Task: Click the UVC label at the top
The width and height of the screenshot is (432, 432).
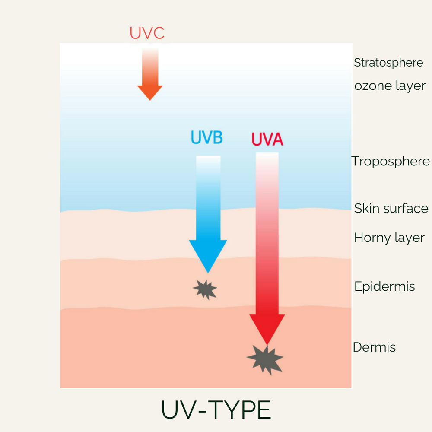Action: coord(147,33)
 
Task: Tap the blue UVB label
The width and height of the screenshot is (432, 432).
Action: coord(206,137)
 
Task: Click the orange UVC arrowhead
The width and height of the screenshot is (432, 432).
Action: coord(150,92)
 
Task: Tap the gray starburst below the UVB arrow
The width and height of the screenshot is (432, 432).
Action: coord(205,289)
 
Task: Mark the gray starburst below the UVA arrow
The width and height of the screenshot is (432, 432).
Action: coord(265,359)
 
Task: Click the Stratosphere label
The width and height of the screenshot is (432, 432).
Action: coord(388,63)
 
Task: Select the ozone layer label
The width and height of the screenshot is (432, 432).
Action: coord(390,86)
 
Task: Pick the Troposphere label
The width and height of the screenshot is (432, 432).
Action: coord(391,162)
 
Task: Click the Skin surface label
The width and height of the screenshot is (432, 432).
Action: coord(391,208)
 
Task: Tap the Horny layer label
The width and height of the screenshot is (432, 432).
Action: coord(389,238)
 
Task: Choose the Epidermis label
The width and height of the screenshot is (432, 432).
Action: coord(384,286)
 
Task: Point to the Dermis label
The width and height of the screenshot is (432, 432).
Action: coord(374,347)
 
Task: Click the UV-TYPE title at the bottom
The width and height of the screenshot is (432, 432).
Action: coord(216,410)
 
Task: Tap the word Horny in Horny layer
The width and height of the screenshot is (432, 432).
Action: coord(369,238)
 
